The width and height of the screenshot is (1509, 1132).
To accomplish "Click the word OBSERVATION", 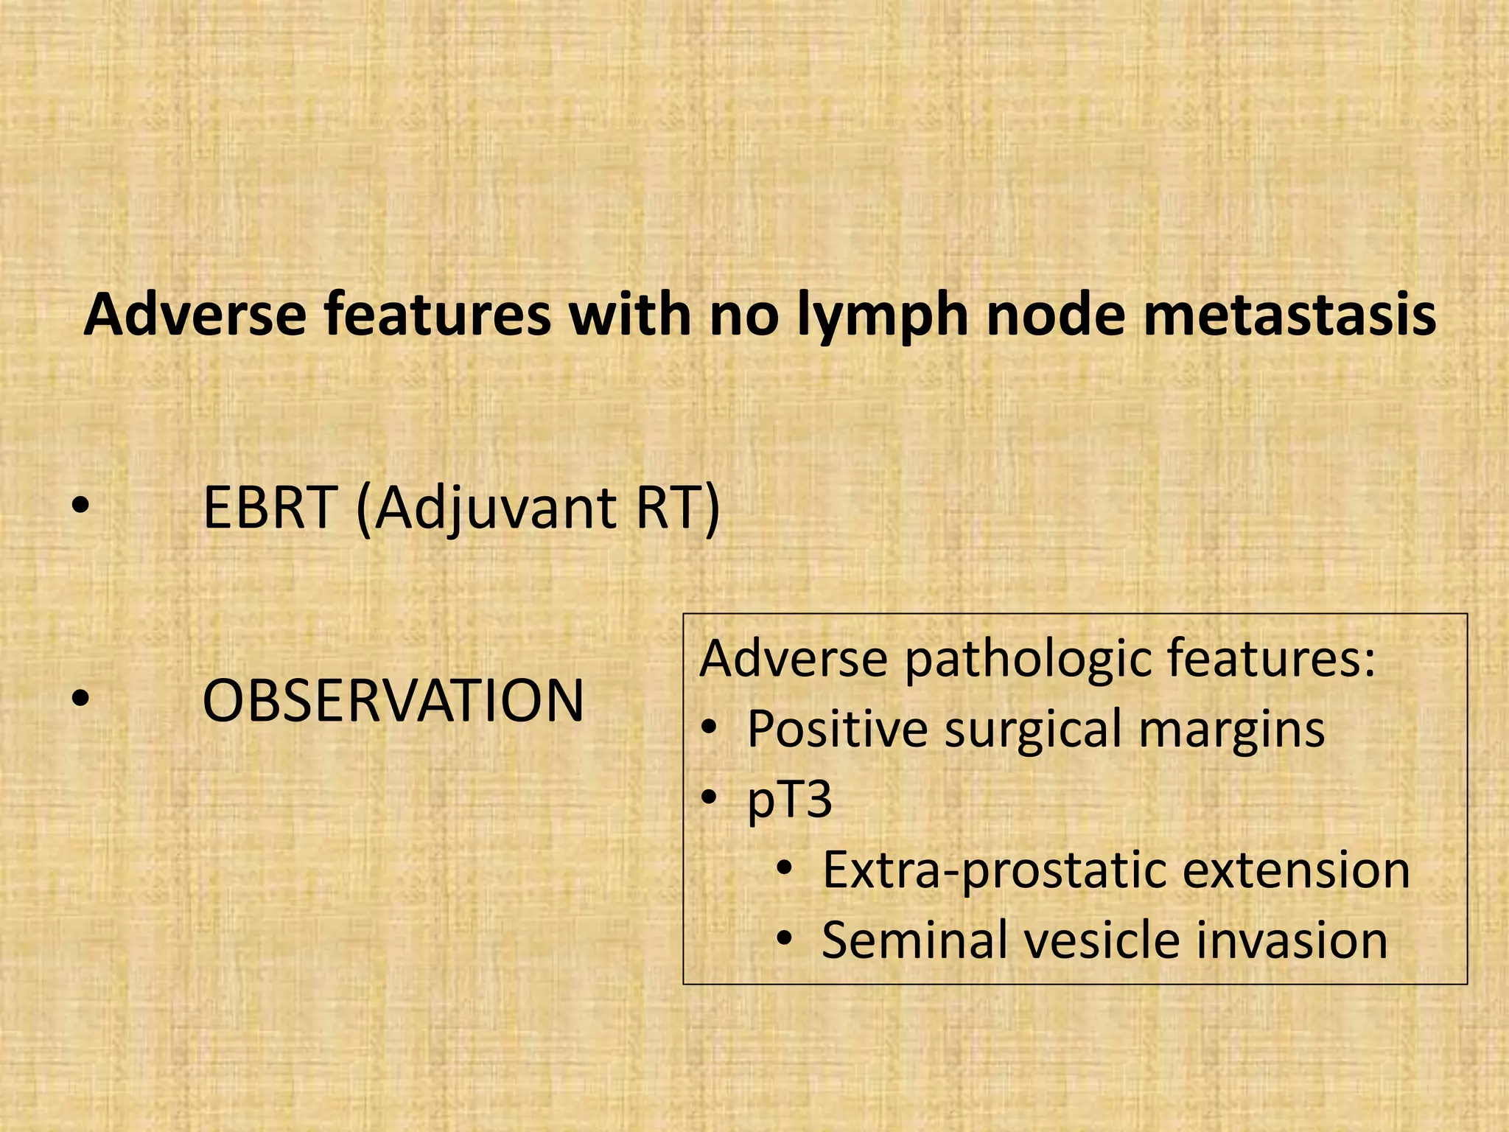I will (393, 700).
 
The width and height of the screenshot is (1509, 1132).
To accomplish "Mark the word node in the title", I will (1058, 315).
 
